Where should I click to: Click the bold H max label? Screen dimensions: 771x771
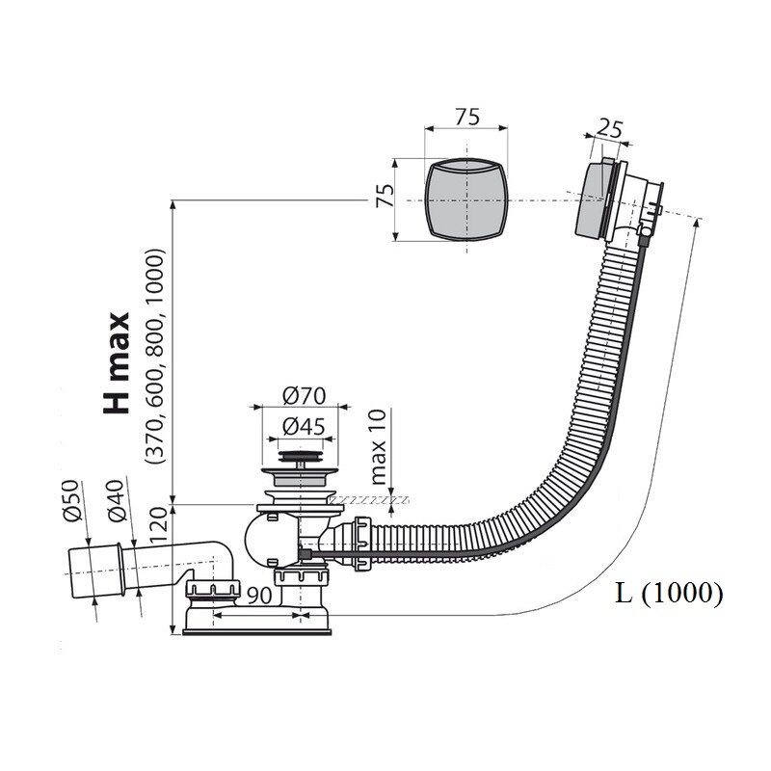click(x=117, y=363)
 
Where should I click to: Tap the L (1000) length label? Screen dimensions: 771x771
click(x=669, y=593)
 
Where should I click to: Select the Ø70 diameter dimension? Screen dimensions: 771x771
click(x=304, y=396)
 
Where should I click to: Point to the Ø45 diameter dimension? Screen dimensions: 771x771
click(x=304, y=427)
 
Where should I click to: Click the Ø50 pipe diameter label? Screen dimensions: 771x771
click(x=71, y=500)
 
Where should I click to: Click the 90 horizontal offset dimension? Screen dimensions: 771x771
click(x=259, y=596)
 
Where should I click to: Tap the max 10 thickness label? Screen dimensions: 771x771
click(x=379, y=447)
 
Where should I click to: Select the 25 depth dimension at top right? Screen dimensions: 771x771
click(x=609, y=130)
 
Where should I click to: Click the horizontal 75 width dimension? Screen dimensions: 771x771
click(x=466, y=117)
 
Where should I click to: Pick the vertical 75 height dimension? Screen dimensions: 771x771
click(x=385, y=196)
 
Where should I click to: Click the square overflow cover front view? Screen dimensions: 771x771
click(x=465, y=199)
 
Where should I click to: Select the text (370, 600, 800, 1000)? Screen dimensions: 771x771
click(x=155, y=357)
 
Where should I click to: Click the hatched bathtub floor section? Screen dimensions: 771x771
click(x=369, y=500)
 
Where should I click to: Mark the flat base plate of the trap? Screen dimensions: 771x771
click(x=256, y=631)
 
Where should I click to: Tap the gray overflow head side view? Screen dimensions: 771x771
click(x=594, y=200)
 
